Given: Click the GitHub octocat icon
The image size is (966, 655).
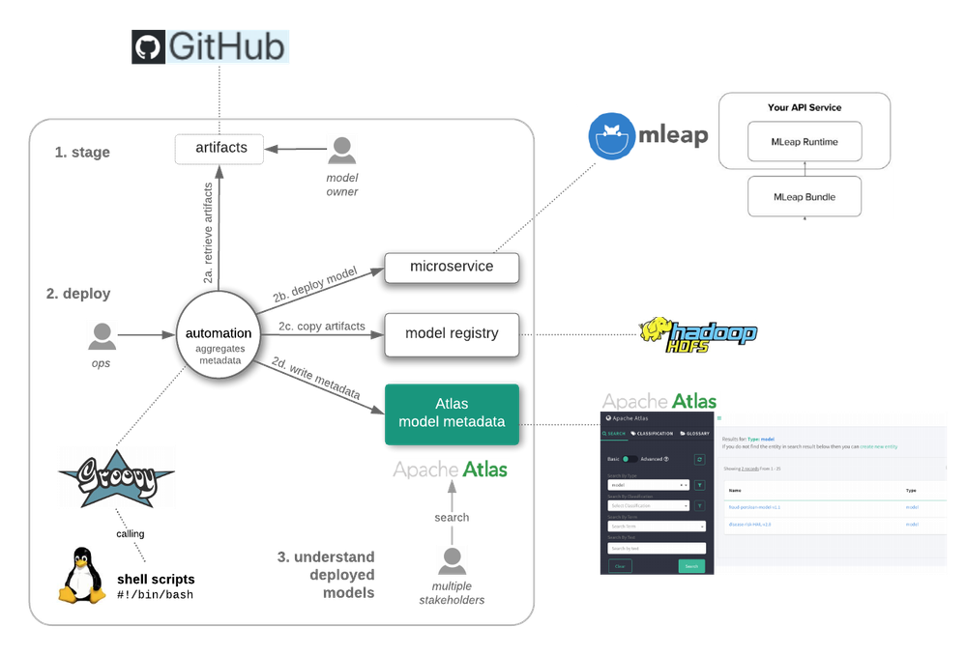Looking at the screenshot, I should click(x=148, y=46).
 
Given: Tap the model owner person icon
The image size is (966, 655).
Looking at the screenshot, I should click(x=341, y=148).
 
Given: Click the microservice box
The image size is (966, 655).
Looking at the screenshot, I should click(x=452, y=267).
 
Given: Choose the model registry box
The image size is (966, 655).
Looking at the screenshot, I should click(x=452, y=333).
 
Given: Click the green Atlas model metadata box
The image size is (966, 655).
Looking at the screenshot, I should click(x=452, y=413).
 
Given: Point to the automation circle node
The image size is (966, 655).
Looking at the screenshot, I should click(x=219, y=340).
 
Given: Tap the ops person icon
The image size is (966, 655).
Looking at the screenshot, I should click(x=102, y=335).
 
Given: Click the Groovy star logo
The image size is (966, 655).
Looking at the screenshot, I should click(x=115, y=475).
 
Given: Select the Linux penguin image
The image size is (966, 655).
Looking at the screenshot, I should click(x=79, y=574).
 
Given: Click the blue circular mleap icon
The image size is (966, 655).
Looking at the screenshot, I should click(x=611, y=134).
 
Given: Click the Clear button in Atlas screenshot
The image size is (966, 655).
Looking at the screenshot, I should click(x=620, y=566).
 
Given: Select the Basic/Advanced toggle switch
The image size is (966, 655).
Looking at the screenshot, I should click(x=629, y=459).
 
